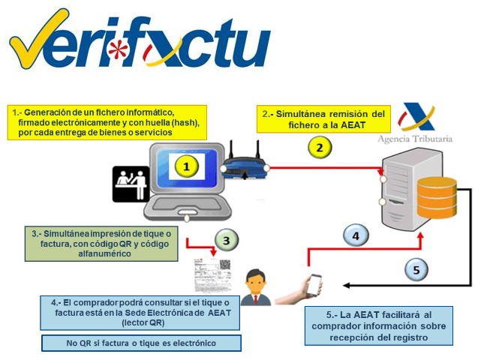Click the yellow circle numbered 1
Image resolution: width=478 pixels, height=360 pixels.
click(186, 166)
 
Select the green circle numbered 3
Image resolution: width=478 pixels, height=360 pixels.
click(225, 241)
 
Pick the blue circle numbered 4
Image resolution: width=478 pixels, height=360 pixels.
click(356, 236)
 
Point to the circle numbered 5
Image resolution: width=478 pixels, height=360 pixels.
click(416, 268)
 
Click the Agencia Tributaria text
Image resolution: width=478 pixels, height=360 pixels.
click(424, 139)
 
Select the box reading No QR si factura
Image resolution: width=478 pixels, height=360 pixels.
click(141, 343)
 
